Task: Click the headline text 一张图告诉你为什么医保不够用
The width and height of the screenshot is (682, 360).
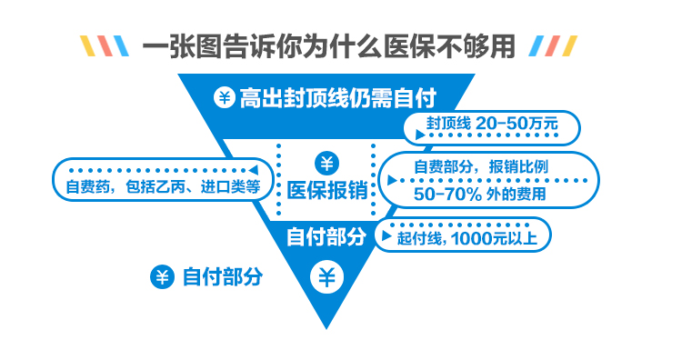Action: tap(329, 45)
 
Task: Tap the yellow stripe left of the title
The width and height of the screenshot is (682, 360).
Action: tap(88, 46)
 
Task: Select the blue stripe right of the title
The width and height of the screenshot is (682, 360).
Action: tap(537, 46)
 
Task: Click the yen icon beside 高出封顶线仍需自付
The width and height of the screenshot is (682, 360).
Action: tap(225, 97)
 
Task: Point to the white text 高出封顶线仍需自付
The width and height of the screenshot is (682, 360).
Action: tap(338, 98)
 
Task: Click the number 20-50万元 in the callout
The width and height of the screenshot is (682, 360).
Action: tap(517, 124)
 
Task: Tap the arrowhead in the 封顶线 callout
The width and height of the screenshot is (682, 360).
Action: tap(420, 135)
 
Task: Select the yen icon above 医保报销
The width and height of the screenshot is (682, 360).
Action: tap(326, 164)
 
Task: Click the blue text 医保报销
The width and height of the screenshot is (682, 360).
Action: tap(327, 191)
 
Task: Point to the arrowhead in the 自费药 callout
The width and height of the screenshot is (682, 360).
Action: tap(253, 170)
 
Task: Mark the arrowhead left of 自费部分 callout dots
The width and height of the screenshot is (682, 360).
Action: tap(392, 180)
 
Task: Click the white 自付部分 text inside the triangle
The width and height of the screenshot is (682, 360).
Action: tap(326, 237)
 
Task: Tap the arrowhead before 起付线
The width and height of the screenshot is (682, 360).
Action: tap(386, 236)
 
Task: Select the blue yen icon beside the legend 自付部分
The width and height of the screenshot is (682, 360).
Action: tap(162, 277)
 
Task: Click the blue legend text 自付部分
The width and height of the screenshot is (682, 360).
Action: tap(223, 277)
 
